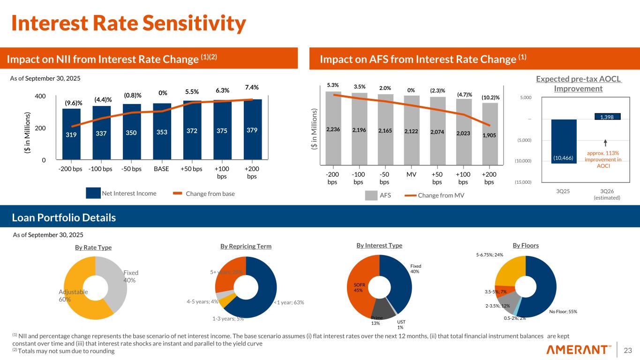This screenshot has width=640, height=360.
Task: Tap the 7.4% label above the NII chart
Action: (251, 88)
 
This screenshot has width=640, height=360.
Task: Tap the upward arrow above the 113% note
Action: (606, 142)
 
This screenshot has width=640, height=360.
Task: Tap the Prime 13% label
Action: (376, 320)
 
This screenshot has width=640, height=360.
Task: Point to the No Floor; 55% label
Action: (563, 311)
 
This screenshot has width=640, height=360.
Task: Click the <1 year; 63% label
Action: (289, 302)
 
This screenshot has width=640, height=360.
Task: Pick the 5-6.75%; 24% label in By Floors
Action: (489, 255)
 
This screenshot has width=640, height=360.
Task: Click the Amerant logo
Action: (579, 350)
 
